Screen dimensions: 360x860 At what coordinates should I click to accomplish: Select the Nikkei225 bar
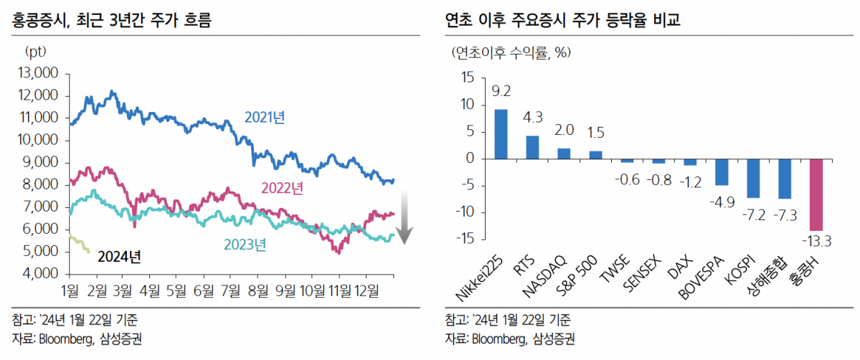click(501, 134)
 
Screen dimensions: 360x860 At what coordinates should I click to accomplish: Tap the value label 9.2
click(501, 92)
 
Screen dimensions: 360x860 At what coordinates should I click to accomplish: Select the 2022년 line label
click(280, 189)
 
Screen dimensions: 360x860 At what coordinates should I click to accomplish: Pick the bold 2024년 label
click(119, 256)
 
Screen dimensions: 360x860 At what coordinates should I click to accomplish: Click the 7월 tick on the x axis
click(231, 291)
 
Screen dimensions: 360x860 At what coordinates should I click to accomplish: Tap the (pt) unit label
click(34, 52)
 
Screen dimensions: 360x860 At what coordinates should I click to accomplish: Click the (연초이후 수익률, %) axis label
click(514, 52)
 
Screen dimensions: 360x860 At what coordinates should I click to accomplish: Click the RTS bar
click(533, 147)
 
